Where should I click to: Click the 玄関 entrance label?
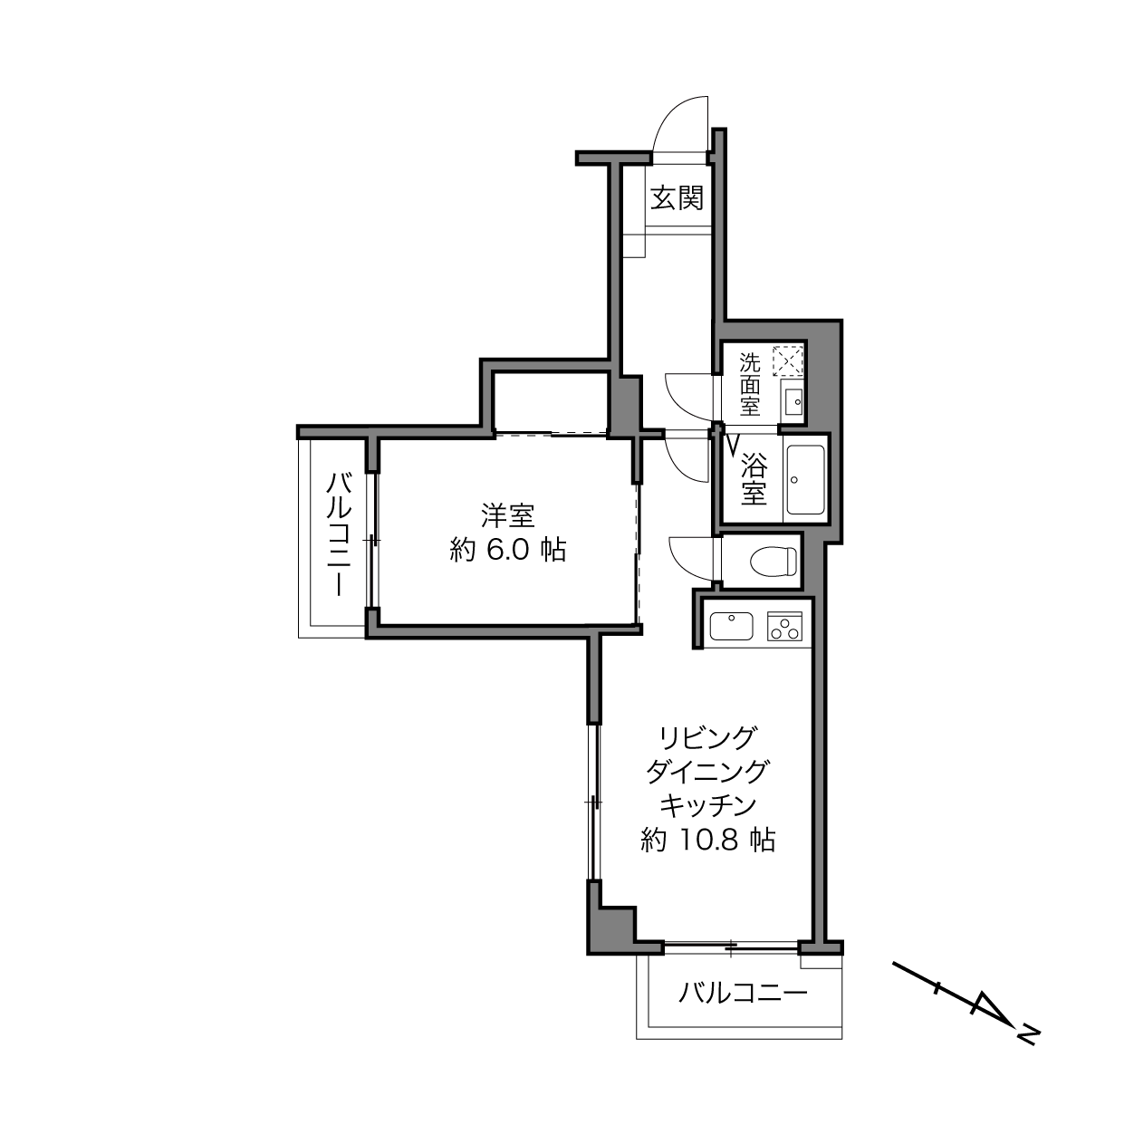[678, 198]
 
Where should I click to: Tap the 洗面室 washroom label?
[749, 385]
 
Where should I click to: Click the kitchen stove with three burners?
[785, 626]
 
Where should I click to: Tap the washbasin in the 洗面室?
[793, 401]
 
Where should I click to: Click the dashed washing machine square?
[786, 361]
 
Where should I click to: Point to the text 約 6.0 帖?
[508, 550]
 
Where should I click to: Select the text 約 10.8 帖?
[707, 841]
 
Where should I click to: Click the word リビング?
[707, 736]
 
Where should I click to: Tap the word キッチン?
[707, 805]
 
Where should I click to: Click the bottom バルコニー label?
[743, 994]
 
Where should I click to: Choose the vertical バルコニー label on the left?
[340, 534]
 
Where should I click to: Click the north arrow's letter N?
[1027, 1032]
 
